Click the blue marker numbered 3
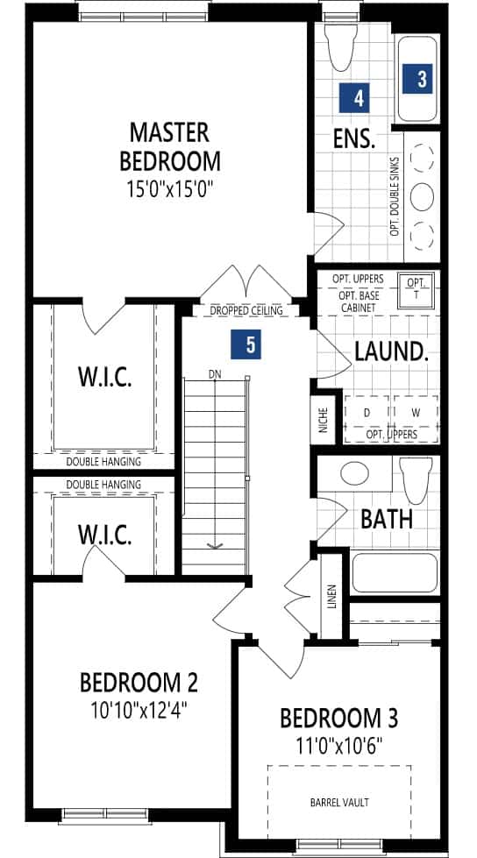pos(416,79)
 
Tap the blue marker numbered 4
pos(353,98)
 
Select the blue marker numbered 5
pos(246,344)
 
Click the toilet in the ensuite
pos(340,47)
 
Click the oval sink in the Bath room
pos(354,472)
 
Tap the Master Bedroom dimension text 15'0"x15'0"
pos(170,189)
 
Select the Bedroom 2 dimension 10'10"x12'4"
pos(139,711)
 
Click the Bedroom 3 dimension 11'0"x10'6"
pos(339,744)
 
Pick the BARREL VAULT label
pos(339,803)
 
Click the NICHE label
pos(323,420)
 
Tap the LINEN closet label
pos(331,597)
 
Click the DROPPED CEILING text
pos(246,310)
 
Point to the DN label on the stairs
pos(214,374)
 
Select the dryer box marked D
pos(367,413)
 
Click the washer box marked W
pos(416,413)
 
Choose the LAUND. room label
pos(391,351)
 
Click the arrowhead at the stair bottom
pos(215,545)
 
